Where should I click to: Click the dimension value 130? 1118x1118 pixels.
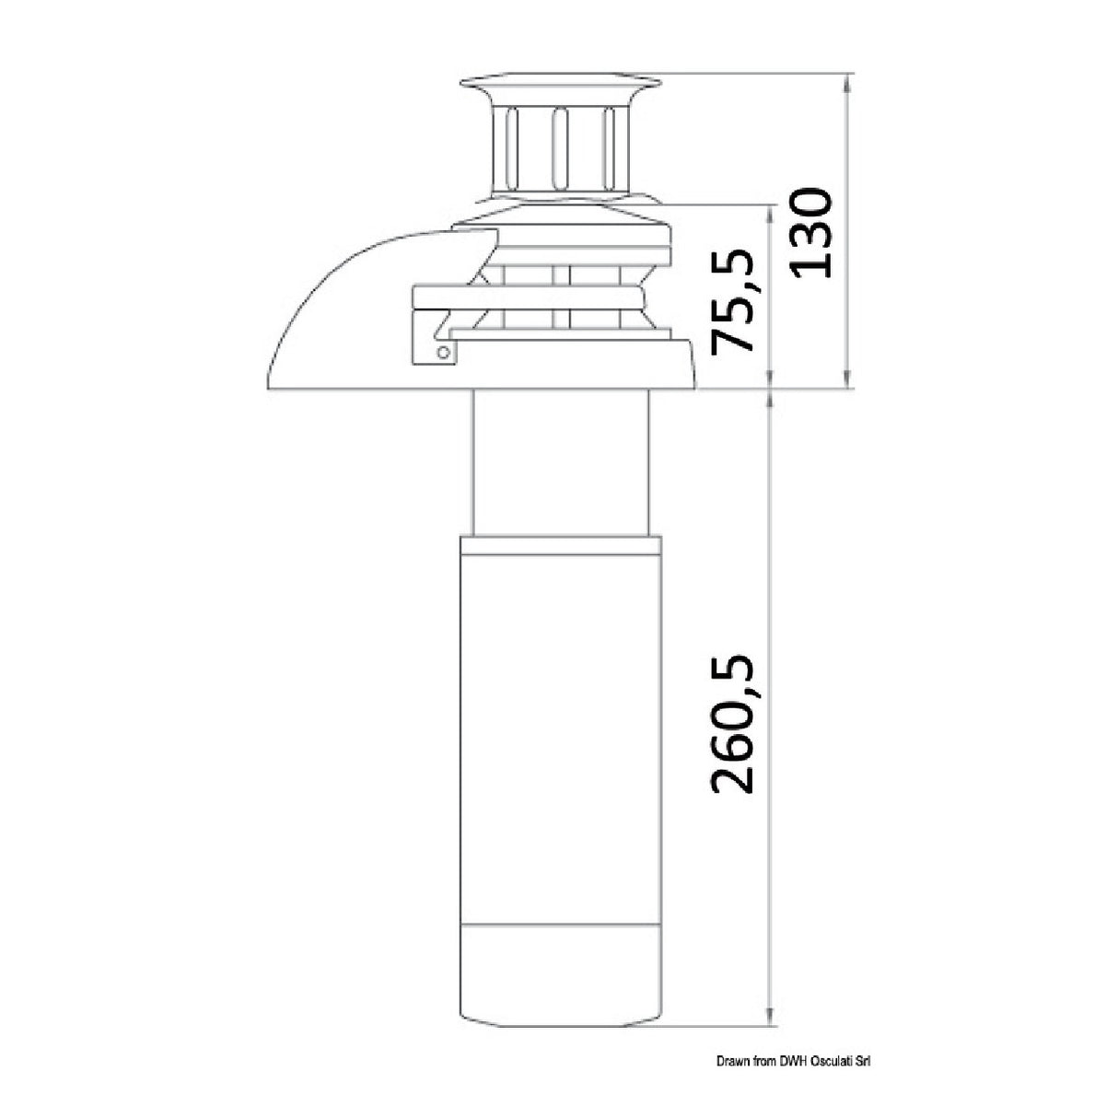coord(810,233)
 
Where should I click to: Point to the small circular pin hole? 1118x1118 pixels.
coord(444,353)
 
